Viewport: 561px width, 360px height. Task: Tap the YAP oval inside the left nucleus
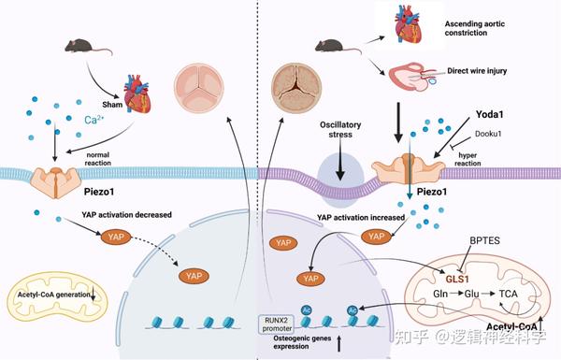[194, 276]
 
